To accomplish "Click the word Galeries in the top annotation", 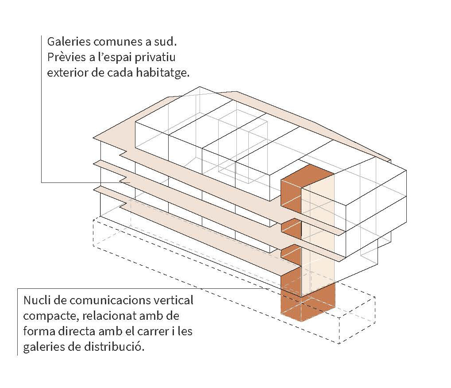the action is point(69,42).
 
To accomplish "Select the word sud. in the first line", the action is point(166,42).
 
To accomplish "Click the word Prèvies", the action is point(66,57).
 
